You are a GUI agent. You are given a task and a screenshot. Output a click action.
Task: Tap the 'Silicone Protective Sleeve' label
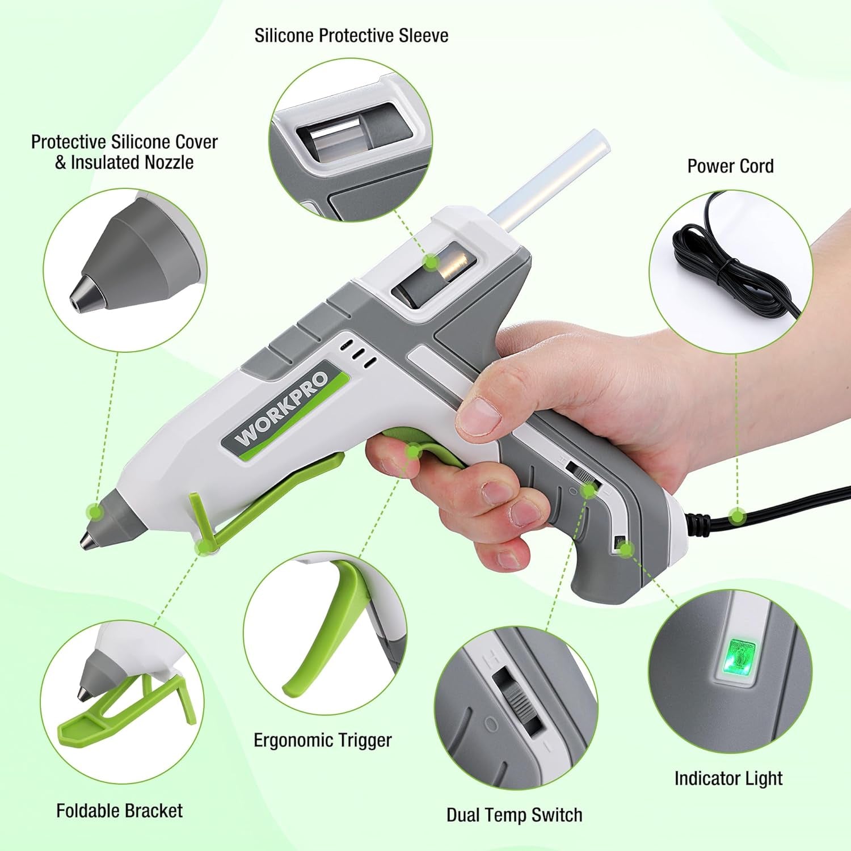(x=351, y=36)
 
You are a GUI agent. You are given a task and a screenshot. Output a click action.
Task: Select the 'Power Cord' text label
(x=730, y=166)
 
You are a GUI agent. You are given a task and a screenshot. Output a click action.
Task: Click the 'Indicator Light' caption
(x=728, y=778)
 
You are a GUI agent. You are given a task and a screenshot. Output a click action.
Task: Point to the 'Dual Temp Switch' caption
(x=514, y=815)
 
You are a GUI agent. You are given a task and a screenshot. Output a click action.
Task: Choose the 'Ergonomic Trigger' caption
(x=322, y=740)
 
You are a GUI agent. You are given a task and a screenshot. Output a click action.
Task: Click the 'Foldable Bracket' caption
(x=119, y=811)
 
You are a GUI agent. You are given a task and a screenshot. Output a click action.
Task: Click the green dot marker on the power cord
(x=737, y=516)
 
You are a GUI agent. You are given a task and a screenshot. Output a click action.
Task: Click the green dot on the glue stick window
(x=432, y=262)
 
